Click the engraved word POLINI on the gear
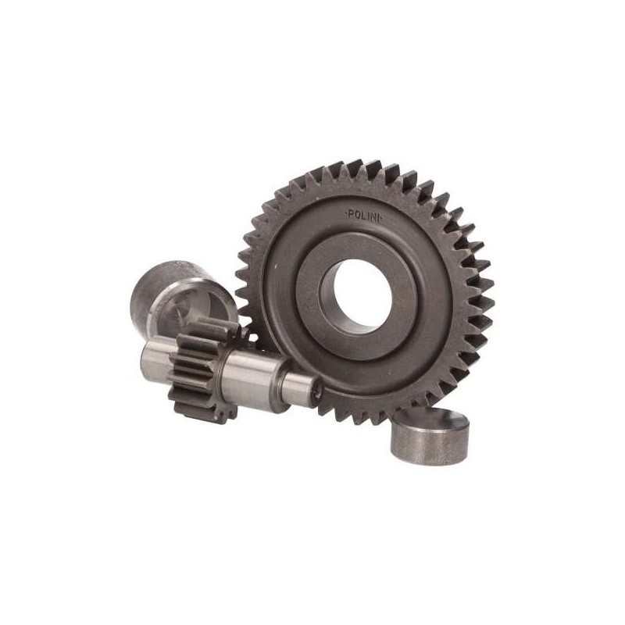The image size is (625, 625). click(x=363, y=216)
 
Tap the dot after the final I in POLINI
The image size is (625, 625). click(x=381, y=217)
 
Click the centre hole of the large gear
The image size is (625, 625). click(x=362, y=293)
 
